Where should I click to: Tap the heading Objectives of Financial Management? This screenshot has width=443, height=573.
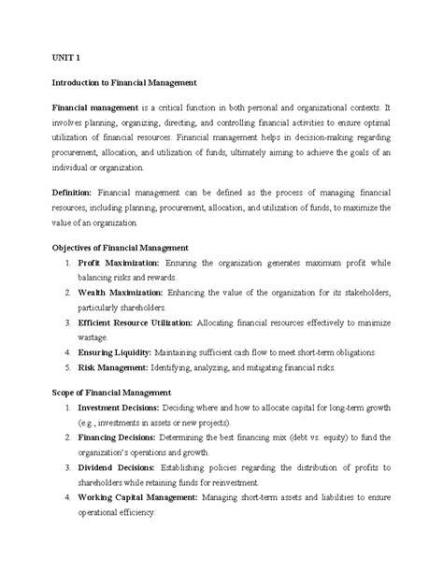120,248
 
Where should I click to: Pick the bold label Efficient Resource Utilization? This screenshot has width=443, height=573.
136,322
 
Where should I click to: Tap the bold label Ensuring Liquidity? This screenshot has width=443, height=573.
115,352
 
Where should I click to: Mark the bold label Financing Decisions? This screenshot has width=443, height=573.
118,438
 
